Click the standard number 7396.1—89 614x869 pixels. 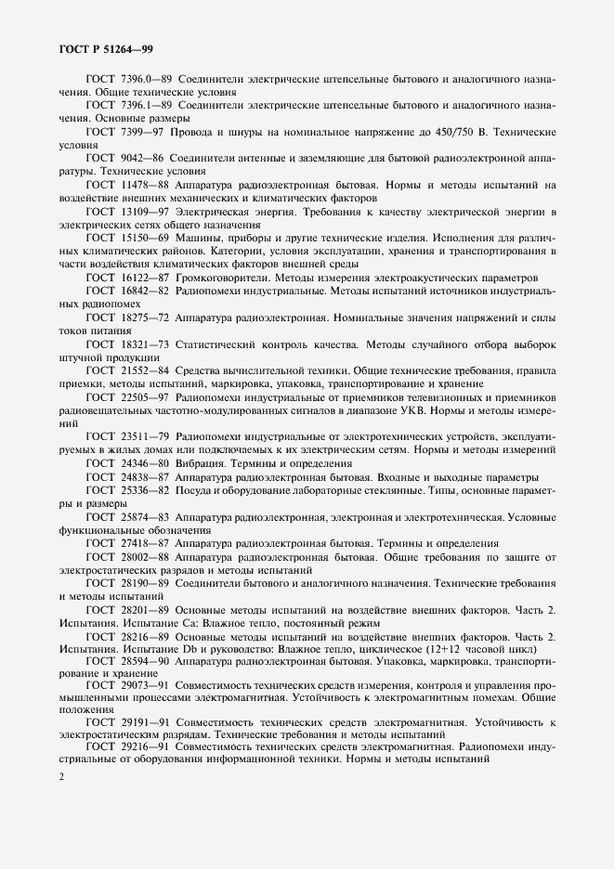[145, 106]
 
